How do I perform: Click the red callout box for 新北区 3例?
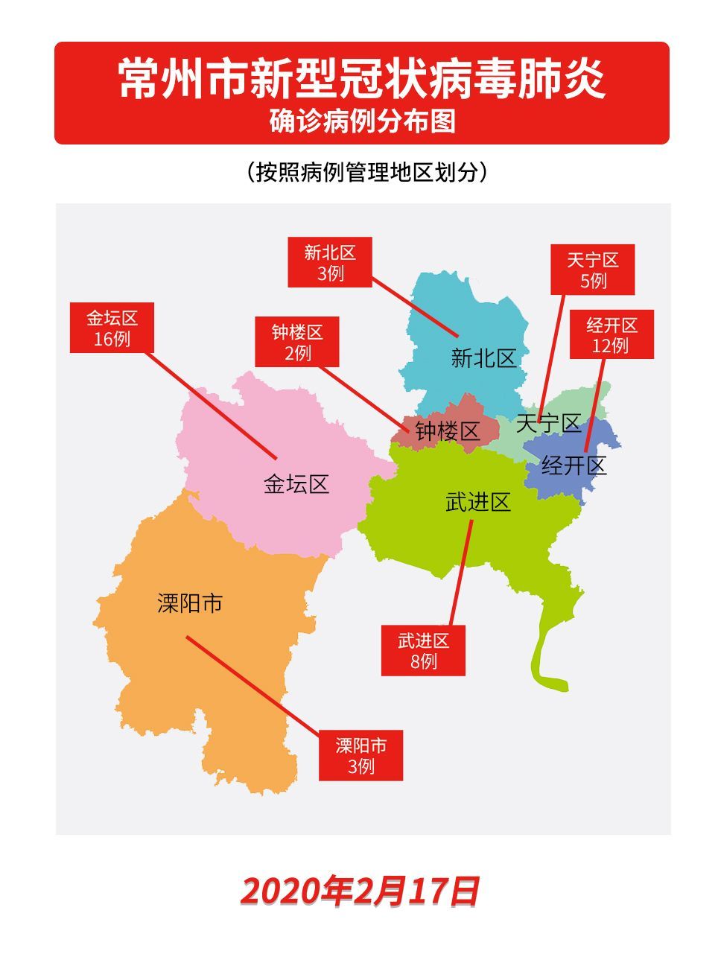tap(330, 262)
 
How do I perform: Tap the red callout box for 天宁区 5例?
tap(592, 270)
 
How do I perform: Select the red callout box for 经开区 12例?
tap(611, 334)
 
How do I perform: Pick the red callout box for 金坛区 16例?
tap(112, 328)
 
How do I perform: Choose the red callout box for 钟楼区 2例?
tap(296, 342)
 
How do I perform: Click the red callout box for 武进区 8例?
tap(423, 650)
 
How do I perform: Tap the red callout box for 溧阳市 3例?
tap(360, 755)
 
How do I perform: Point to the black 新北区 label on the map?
tap(483, 358)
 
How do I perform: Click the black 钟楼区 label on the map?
tap(448, 431)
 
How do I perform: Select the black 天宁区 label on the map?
tap(548, 424)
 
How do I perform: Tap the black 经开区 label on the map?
tap(574, 466)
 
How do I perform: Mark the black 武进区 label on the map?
tap(477, 503)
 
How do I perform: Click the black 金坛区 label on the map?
tap(296, 485)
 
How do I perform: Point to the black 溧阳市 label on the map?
tap(190, 603)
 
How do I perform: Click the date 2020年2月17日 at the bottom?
tap(360, 891)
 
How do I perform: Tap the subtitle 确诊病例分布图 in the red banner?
tap(362, 121)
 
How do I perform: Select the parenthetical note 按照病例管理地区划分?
tap(366, 172)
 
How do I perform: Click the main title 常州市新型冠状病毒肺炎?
tap(362, 79)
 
